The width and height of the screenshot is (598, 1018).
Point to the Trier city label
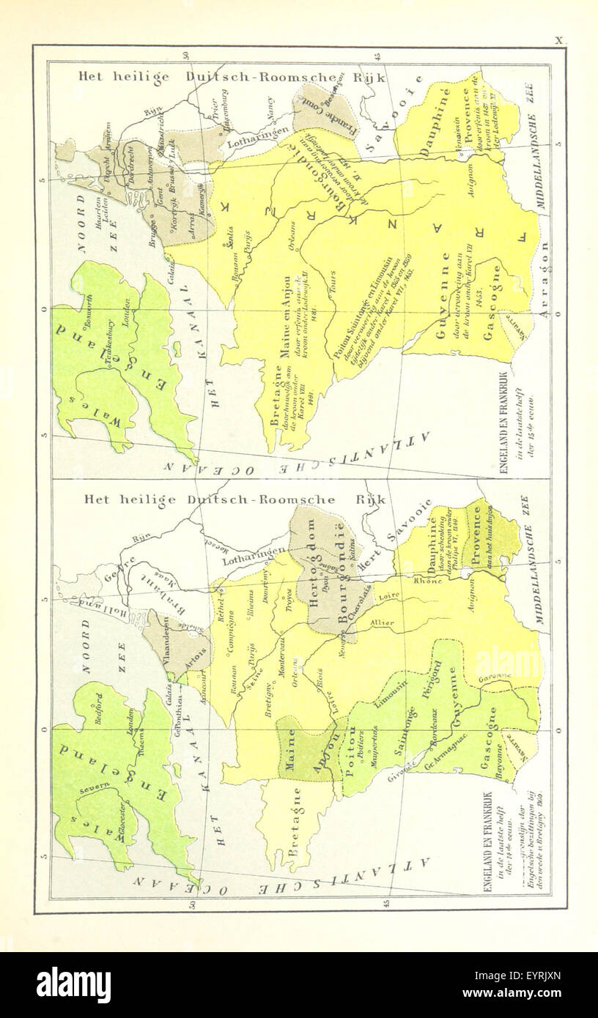tap(213, 114)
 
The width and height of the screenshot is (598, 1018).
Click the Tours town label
tap(333, 291)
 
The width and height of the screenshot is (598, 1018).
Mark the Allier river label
tap(386, 623)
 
